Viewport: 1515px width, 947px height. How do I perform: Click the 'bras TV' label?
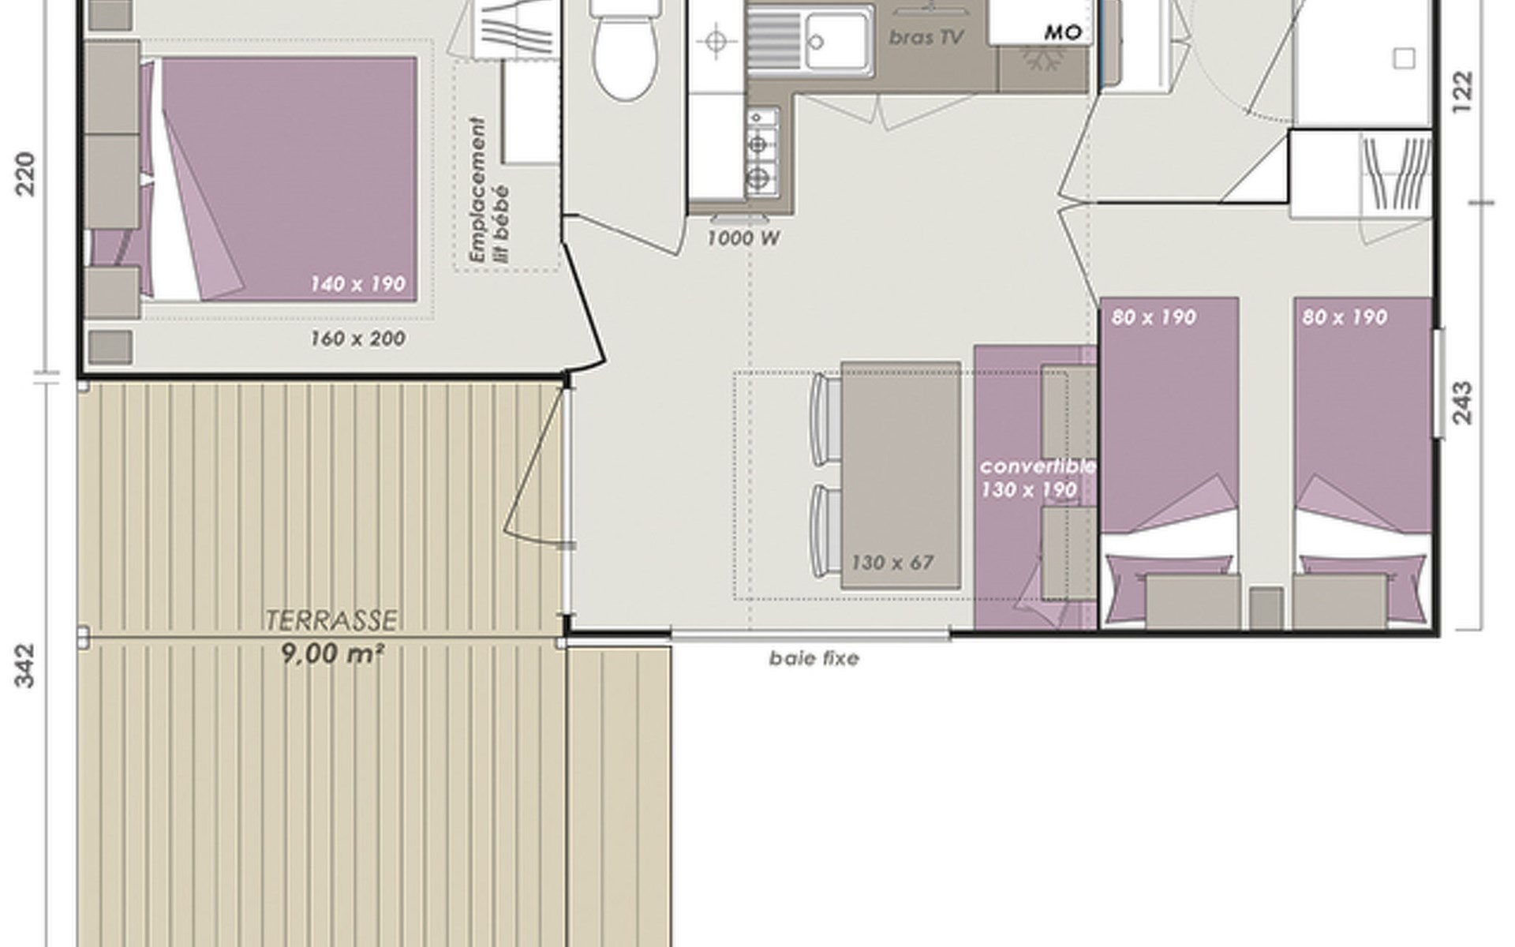point(926,38)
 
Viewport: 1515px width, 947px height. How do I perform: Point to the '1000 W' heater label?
point(743,238)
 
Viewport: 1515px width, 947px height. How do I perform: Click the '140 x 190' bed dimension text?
point(357,283)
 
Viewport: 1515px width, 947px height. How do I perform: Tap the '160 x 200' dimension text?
point(358,339)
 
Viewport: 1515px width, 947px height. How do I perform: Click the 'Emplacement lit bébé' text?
point(489,189)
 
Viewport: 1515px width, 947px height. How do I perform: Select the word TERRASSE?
point(331,621)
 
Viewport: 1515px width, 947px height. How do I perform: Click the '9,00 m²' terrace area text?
point(332,653)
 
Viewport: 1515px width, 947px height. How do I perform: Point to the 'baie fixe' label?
point(814,658)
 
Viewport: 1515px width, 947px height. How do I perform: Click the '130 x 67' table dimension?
point(892,563)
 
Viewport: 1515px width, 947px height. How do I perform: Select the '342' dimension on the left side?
point(26,665)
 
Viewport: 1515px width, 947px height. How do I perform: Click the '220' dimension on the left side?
point(26,174)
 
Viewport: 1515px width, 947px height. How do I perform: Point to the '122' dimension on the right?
point(1462,92)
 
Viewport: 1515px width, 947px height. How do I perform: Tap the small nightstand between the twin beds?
point(1266,608)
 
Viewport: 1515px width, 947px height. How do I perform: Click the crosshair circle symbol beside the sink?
point(716,41)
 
